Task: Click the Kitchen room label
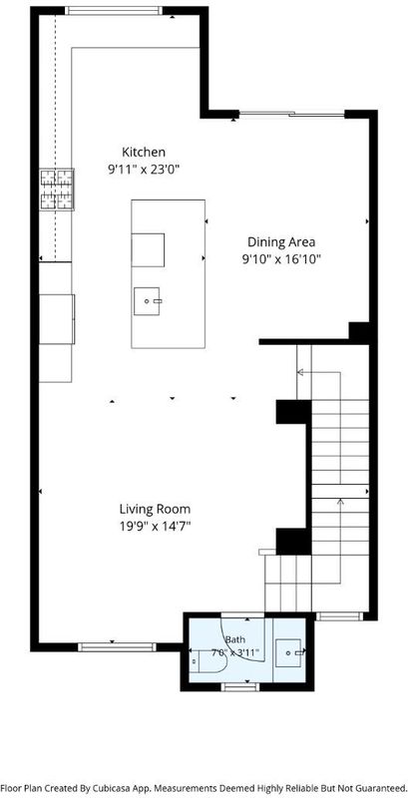coord(144,152)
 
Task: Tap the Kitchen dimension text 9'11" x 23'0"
coord(144,170)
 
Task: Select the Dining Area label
coord(281,241)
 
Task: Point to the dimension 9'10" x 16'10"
coord(281,259)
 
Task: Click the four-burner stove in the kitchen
coord(57,190)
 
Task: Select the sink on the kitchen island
coord(148,301)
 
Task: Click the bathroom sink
coord(289,652)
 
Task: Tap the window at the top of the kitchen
coord(114,10)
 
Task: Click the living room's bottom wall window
coord(117,647)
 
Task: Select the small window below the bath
coord(239,687)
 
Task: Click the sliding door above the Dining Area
coord(292,114)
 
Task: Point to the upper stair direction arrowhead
coord(300,372)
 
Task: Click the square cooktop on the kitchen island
coord(148,250)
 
